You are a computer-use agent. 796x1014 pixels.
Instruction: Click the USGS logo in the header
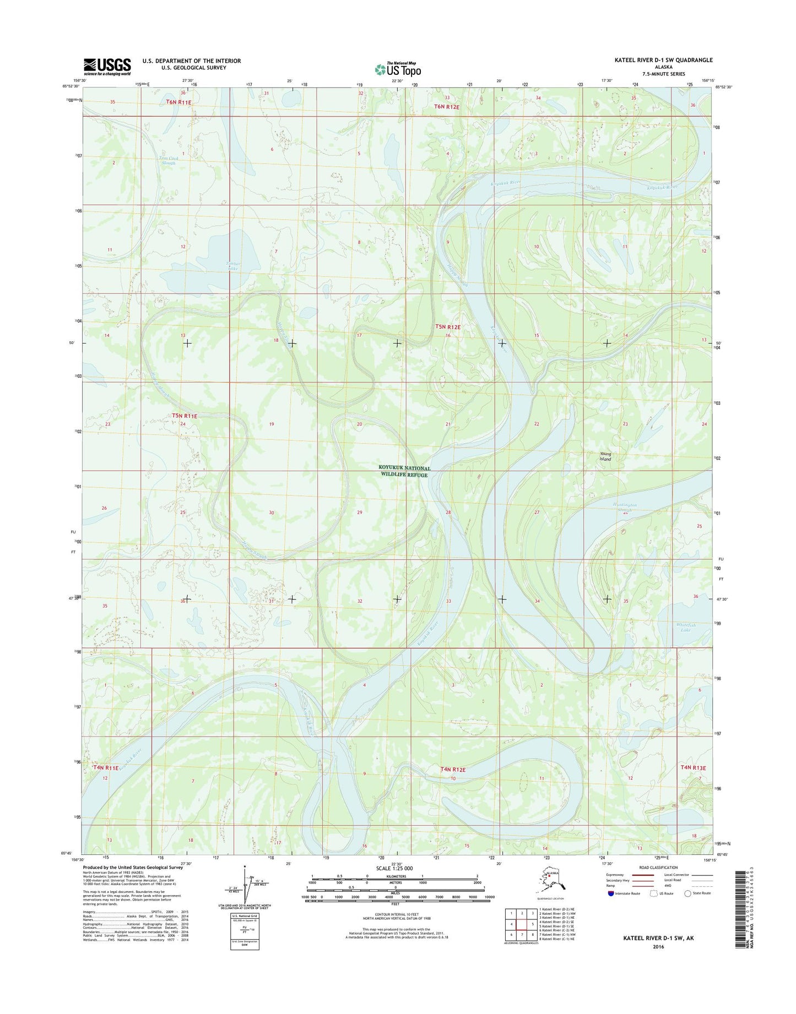[x=107, y=67]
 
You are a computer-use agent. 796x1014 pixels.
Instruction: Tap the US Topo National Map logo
[x=398, y=69]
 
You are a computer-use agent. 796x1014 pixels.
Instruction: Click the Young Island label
[x=605, y=456]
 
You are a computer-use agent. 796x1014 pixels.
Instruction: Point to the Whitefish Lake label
[x=685, y=627]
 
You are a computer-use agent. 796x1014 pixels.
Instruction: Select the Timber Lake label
[x=233, y=266]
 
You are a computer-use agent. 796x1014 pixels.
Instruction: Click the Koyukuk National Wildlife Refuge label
[x=404, y=472]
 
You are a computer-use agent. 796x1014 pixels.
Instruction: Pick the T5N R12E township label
[x=447, y=327]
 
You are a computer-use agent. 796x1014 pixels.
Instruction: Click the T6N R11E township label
[x=178, y=102]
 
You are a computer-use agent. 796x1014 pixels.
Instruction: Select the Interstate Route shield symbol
[x=611, y=909]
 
